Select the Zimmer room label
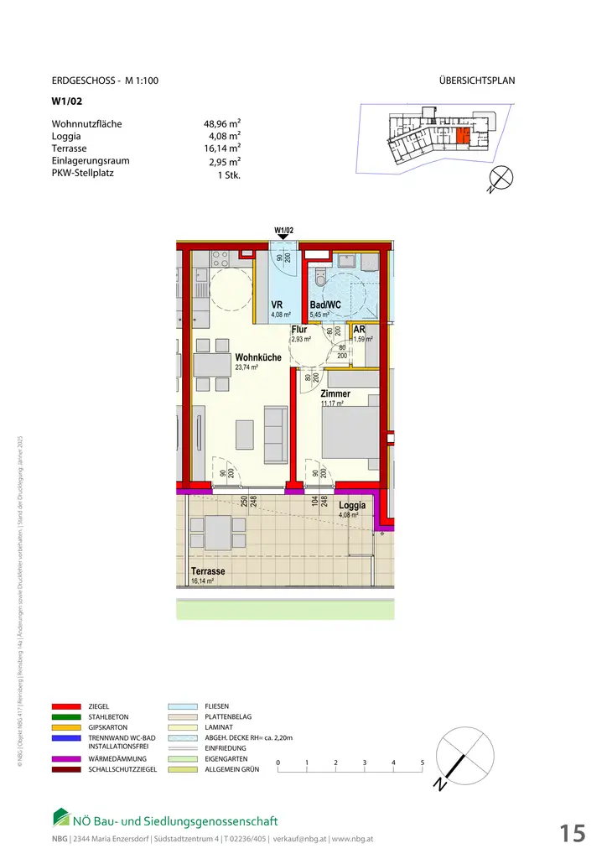335,393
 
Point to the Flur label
299,330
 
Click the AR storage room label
359,331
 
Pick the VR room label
277,305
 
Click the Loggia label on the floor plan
352,506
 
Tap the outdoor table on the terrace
219,532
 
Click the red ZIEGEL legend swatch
65,707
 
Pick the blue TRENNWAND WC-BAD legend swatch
65,738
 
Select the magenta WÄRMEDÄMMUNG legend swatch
65,758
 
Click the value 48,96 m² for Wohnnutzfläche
217,124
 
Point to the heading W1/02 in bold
65,103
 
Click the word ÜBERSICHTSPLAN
476,81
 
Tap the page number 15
573,833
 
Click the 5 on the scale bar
422,763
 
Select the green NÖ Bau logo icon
61,816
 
